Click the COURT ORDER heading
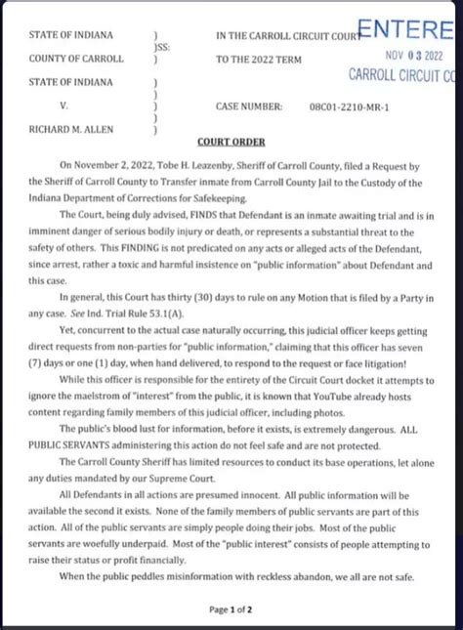[x=231, y=142]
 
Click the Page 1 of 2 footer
[x=231, y=609]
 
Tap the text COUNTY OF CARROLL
[x=77, y=59]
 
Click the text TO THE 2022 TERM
[x=258, y=59]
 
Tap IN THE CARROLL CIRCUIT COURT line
[x=293, y=36]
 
